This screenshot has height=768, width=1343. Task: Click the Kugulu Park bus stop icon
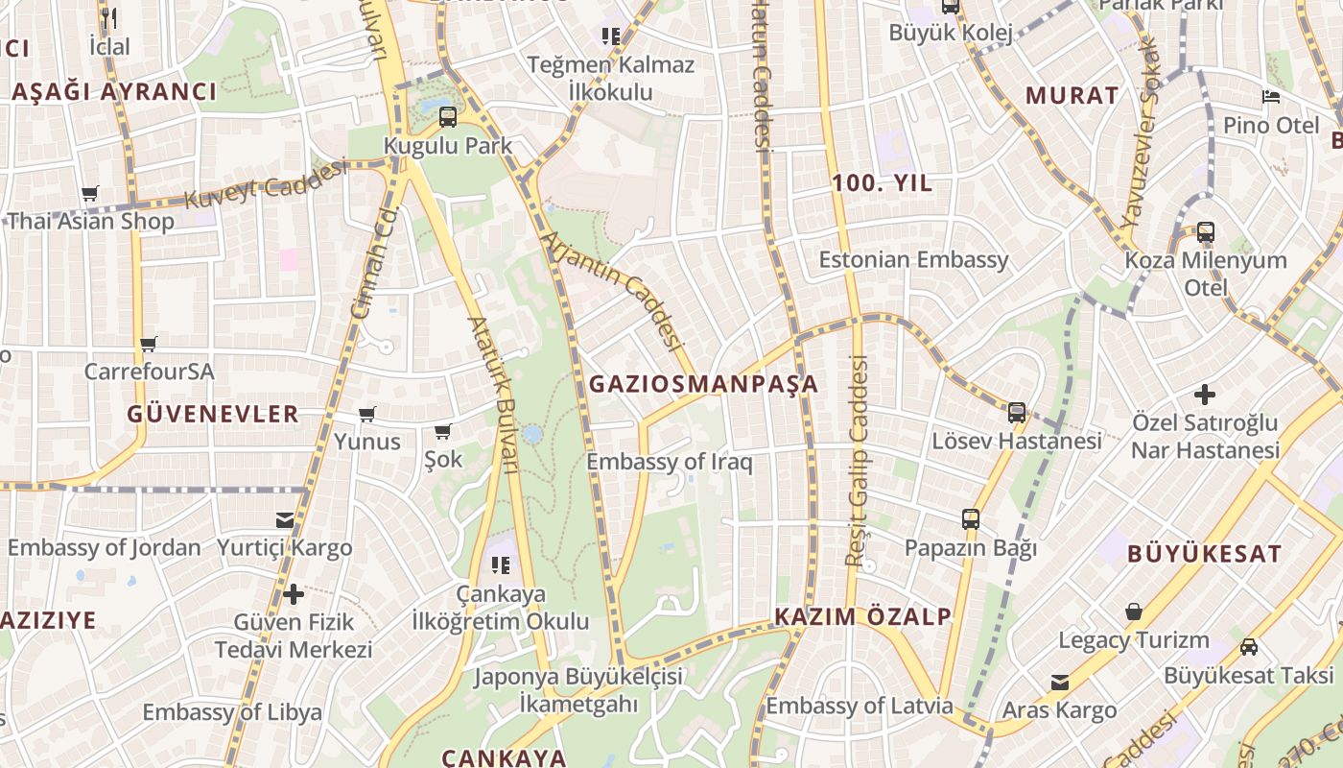(x=447, y=117)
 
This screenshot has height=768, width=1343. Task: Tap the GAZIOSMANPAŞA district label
(x=703, y=384)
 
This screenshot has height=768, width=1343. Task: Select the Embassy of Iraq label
(x=669, y=462)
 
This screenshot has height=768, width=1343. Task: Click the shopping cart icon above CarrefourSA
(x=148, y=344)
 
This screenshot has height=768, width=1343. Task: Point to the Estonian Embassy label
(x=913, y=259)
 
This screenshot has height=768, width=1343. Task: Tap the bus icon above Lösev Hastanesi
(x=1017, y=413)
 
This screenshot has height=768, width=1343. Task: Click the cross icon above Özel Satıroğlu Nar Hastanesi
(x=1205, y=394)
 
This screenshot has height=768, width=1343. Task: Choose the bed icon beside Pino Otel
(x=1271, y=97)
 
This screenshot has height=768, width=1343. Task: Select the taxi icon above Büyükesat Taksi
(x=1248, y=646)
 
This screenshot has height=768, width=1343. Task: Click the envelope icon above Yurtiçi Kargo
(x=285, y=519)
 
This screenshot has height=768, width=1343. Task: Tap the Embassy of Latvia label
(x=859, y=706)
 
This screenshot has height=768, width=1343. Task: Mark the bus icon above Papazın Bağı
(x=971, y=519)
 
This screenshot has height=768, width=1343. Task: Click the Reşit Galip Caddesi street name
(x=856, y=461)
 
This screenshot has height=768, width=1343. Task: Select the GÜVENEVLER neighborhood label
(x=213, y=414)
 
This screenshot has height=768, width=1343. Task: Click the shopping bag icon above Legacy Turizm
(x=1134, y=612)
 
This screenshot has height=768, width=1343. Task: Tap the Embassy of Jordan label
(x=105, y=547)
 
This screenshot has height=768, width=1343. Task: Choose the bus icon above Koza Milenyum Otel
(x=1205, y=231)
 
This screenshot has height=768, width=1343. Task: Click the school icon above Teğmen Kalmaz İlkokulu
(x=610, y=36)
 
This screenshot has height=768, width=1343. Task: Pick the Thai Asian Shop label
(x=91, y=221)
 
